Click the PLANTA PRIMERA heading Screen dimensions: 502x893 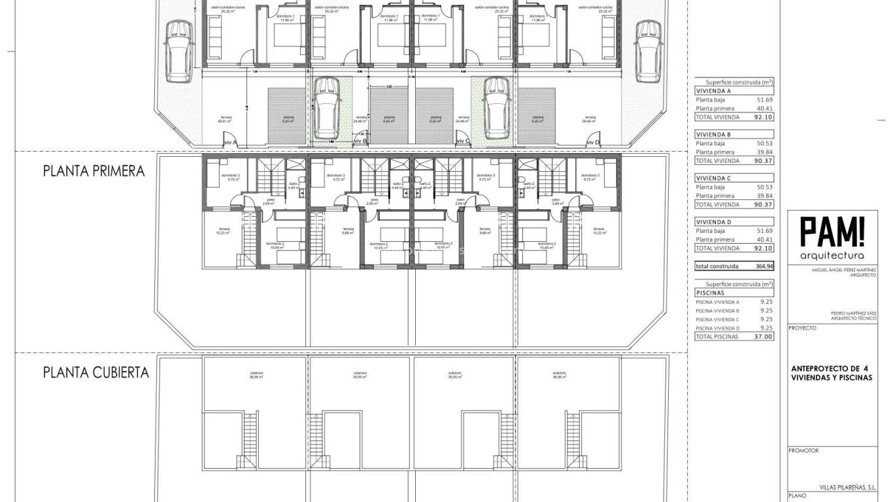point(93,171)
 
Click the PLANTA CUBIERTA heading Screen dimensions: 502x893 point(95,373)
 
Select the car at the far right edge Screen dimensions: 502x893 point(647,51)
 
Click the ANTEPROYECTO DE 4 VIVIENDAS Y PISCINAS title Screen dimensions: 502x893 point(831,372)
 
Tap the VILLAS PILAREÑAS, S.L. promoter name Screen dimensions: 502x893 point(847,487)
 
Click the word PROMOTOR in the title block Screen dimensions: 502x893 point(804,450)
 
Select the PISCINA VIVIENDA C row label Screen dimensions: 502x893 point(718,320)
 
